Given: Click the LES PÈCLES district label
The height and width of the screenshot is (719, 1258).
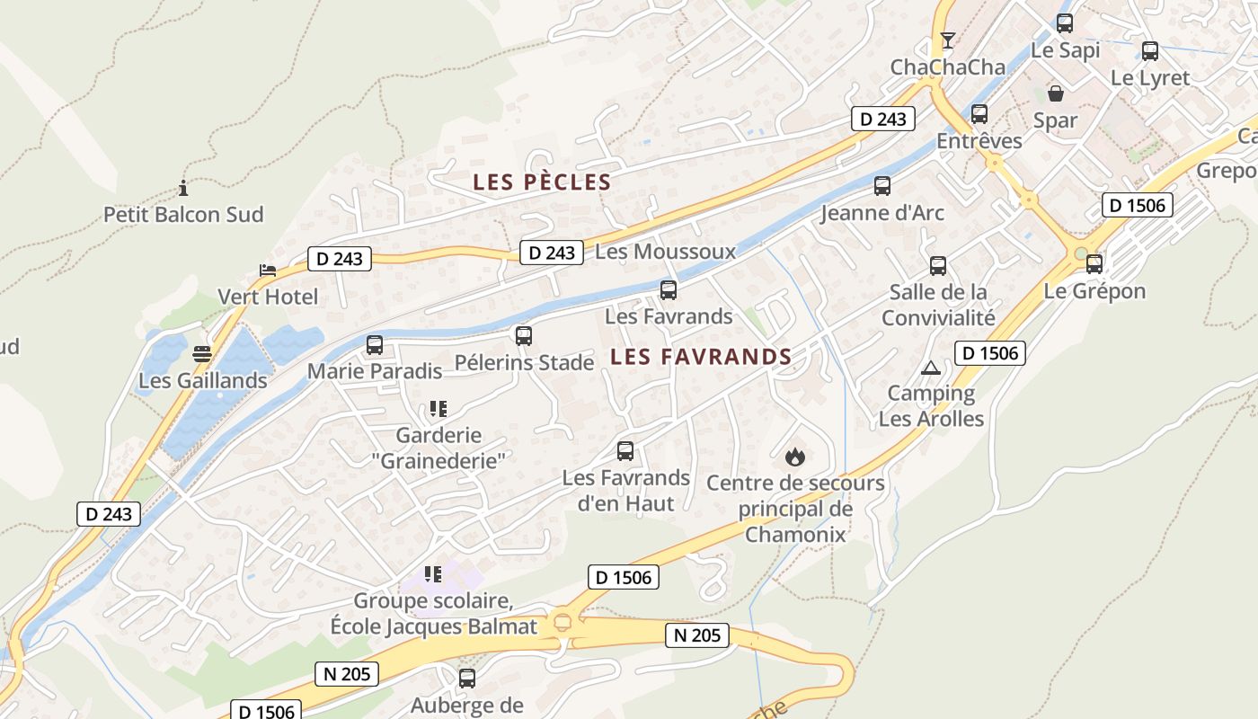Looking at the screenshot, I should [542, 182].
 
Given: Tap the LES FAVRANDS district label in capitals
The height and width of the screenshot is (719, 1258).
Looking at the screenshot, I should [701, 357].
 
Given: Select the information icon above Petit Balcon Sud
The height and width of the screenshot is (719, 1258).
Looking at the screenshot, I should [183, 188].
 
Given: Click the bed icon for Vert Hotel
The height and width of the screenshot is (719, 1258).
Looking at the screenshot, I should [267, 270].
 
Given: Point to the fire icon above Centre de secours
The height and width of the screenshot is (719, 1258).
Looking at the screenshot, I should [794, 457].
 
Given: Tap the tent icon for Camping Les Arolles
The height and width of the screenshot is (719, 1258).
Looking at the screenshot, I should [930, 368].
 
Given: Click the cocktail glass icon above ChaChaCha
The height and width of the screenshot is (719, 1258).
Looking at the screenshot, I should [947, 40].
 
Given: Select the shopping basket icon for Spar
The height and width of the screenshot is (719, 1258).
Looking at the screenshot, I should [1056, 93].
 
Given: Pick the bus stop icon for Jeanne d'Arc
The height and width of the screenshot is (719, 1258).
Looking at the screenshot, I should [882, 186].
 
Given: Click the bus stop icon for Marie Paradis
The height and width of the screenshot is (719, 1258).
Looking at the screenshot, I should [375, 344].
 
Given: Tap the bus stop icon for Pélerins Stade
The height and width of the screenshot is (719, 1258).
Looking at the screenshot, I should [524, 336].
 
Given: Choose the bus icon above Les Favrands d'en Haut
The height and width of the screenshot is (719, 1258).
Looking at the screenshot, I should [625, 451].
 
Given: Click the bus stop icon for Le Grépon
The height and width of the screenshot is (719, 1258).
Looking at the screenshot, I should [1094, 264].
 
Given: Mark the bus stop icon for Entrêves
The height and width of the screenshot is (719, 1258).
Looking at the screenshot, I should [979, 114].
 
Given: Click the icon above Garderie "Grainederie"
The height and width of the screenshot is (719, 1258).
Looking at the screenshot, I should [438, 409].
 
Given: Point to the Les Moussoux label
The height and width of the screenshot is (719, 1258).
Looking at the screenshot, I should [665, 252].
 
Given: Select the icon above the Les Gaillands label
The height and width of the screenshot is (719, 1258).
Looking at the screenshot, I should [202, 354].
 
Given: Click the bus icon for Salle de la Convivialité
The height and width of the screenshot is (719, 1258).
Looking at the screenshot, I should [938, 266].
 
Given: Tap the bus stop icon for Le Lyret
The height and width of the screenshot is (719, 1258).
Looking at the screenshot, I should [1150, 51].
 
